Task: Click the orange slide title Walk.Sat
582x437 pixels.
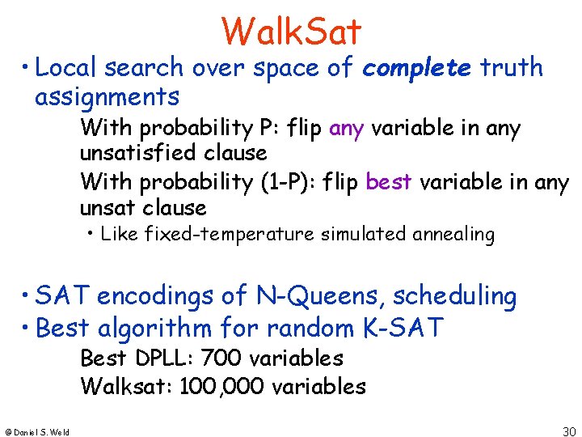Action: pyautogui.click(x=291, y=32)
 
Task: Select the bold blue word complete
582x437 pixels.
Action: pyautogui.click(x=417, y=69)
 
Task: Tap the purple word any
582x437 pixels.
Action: pyautogui.click(x=347, y=128)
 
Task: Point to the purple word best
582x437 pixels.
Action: pyautogui.click(x=388, y=182)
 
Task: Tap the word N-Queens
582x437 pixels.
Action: pyautogui.click(x=310, y=297)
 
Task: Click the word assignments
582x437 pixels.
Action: pyautogui.click(x=107, y=97)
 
